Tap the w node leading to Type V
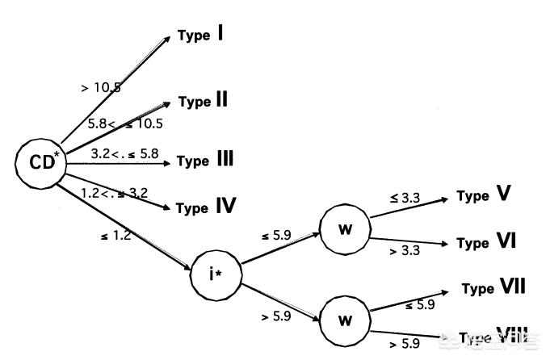pyautogui.click(x=345, y=228)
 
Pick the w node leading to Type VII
pyautogui.click(x=345, y=319)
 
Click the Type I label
pyautogui.click(x=201, y=36)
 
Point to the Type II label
pyautogui.click(x=203, y=101)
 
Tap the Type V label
pyautogui.click(x=482, y=195)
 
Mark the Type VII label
pyautogui.click(x=494, y=287)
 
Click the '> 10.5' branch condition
pyautogui.click(x=101, y=87)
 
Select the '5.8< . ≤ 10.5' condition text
pyautogui.click(x=125, y=123)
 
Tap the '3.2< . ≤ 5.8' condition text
pyautogui.click(x=125, y=152)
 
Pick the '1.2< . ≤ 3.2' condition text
pyautogui.click(x=114, y=192)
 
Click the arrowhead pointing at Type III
pyautogui.click(x=168, y=162)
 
